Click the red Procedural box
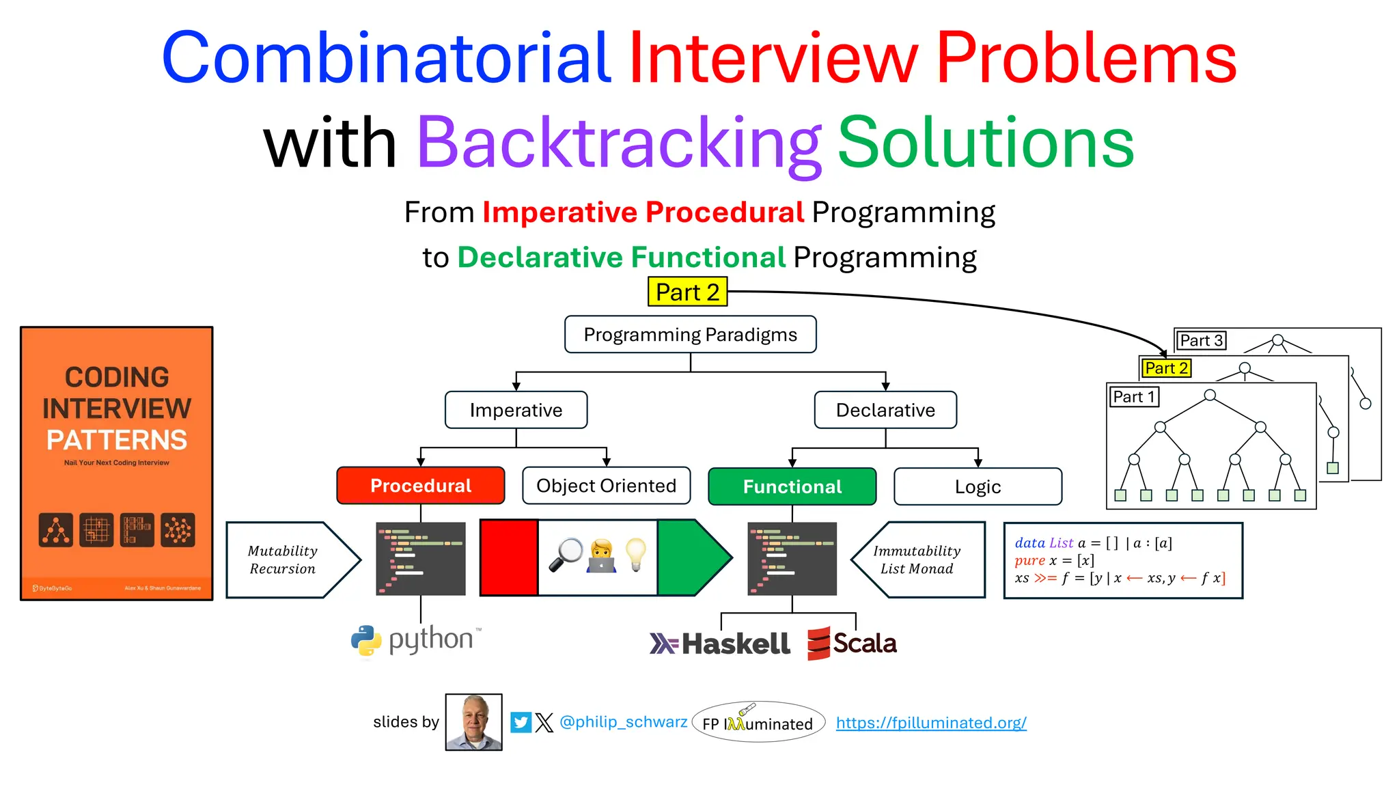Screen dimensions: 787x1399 [x=420, y=486]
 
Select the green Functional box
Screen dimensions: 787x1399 [x=792, y=486]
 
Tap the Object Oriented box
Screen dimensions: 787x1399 [x=606, y=486]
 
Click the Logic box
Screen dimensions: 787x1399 [x=978, y=486]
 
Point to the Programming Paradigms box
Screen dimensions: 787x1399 [x=690, y=334]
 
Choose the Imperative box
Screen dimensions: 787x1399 [x=516, y=410]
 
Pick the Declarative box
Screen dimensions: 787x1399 [x=885, y=410]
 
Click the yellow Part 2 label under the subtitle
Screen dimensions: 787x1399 [x=687, y=292]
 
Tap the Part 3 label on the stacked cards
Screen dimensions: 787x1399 [x=1200, y=340]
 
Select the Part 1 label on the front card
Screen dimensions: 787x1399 [x=1133, y=396]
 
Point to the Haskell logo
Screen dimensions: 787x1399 [x=719, y=644]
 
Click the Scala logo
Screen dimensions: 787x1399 [x=852, y=643]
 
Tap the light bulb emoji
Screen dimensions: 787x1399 [x=635, y=554]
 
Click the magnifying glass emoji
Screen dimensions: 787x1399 [x=566, y=554]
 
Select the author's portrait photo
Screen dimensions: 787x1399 [x=473, y=722]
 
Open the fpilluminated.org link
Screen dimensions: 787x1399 [x=930, y=723]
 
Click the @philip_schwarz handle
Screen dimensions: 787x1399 [x=623, y=722]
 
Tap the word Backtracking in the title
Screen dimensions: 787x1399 [x=618, y=142]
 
